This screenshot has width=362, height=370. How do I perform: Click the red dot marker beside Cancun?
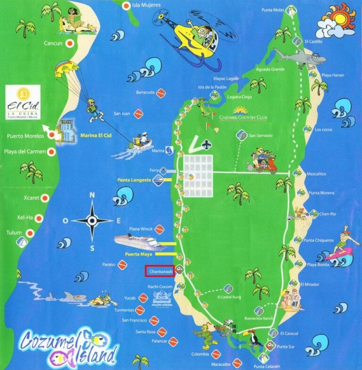click(70, 43)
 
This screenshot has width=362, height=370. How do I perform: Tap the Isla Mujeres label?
click(147, 5)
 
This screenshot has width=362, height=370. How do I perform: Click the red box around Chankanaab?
click(160, 271)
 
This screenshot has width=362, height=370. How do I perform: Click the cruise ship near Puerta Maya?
click(140, 243)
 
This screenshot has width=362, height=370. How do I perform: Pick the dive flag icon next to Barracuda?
click(160, 92)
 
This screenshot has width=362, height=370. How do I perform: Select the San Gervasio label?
click(261, 135)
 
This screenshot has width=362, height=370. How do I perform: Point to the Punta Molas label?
click(273, 9)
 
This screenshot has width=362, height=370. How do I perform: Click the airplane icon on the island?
click(206, 144)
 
